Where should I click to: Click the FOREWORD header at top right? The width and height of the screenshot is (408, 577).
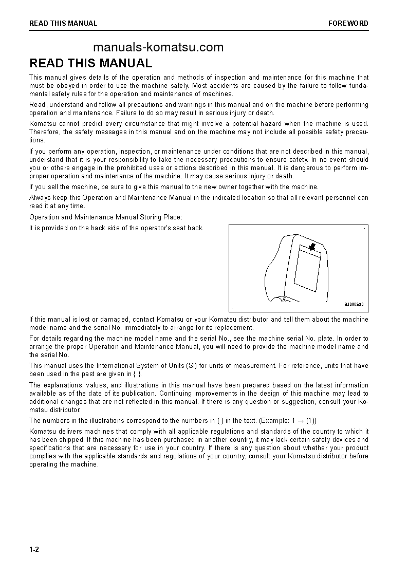[x=348, y=23]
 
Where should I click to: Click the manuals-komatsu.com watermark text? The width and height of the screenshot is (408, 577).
[x=158, y=48]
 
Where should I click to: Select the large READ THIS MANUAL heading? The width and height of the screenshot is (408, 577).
[x=91, y=63]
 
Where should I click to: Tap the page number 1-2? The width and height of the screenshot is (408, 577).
[x=34, y=550]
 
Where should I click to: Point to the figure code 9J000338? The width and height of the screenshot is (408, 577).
[x=354, y=304]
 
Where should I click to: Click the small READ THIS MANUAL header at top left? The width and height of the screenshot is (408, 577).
[x=63, y=23]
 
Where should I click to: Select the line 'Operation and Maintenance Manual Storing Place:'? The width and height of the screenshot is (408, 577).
[x=105, y=217]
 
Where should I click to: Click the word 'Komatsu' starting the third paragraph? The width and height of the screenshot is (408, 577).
[x=43, y=124]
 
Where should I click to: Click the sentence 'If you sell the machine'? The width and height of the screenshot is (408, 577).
[x=174, y=187]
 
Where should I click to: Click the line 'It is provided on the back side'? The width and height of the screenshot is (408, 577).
[x=116, y=228]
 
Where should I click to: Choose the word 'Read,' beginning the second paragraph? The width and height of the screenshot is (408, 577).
[x=39, y=105]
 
